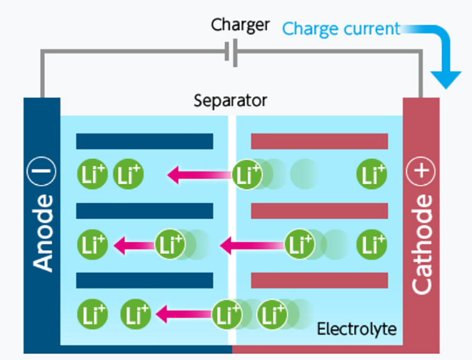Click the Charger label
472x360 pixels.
(240, 25)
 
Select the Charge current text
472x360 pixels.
(341, 28)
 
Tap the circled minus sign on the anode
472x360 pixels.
(42, 173)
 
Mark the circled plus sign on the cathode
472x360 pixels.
(421, 173)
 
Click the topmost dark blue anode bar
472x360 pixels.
(145, 141)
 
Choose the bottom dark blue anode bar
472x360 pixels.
(145, 280)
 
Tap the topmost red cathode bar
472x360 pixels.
(319, 141)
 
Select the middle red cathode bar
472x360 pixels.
(319, 211)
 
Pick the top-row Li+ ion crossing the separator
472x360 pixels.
(247, 175)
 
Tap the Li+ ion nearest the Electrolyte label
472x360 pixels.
(272, 315)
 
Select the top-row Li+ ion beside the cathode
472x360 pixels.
(372, 175)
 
